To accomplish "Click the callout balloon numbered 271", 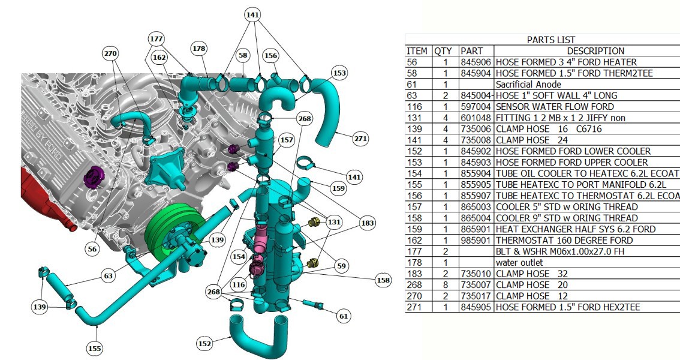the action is click(360, 139).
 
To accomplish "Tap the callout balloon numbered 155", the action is click(95, 348).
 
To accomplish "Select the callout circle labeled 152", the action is click(204, 344).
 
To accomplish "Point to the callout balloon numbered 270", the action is click(110, 54).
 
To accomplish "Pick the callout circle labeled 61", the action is click(344, 316).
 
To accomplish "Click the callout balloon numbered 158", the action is click(383, 280).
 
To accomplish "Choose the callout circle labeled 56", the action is click(92, 249).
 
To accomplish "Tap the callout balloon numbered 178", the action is click(199, 49).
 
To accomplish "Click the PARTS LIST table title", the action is click(550, 40).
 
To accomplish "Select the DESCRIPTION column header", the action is click(595, 51).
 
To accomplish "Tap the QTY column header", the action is click(443, 51).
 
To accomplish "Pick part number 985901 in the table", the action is click(476, 240).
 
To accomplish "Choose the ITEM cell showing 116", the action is click(413, 107).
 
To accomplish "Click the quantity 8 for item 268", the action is click(446, 285).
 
